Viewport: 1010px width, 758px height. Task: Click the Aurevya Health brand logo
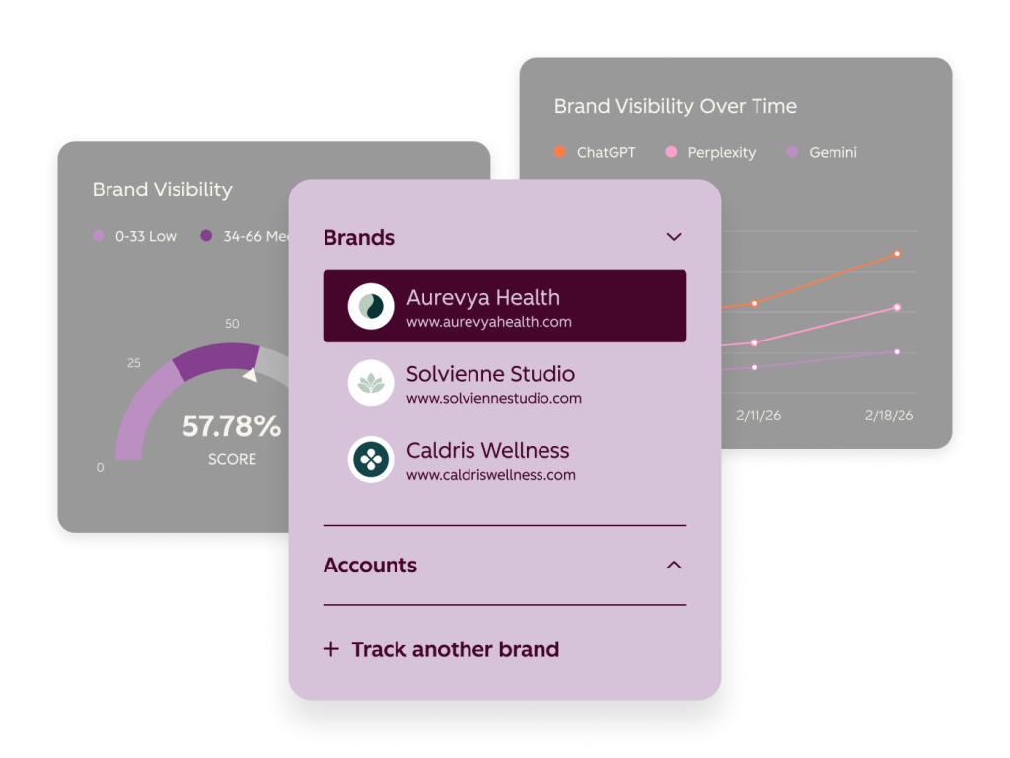coord(371,306)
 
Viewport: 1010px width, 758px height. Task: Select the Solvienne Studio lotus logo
coord(371,383)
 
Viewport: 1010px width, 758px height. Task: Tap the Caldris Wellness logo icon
coord(371,460)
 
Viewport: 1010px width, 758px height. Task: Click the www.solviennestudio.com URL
coord(494,399)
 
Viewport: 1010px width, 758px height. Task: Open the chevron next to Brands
coord(674,237)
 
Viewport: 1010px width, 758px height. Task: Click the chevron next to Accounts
coord(674,566)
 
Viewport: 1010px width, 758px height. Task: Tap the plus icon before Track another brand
coord(331,649)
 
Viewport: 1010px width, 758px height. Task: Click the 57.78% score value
coord(232,426)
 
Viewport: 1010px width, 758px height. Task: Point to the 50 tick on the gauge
coord(232,324)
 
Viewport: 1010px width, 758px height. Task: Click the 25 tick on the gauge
coord(134,363)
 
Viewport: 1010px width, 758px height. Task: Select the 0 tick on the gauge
coord(100,467)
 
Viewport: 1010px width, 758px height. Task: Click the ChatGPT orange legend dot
coord(560,152)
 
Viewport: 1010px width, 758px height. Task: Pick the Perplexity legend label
coord(721,153)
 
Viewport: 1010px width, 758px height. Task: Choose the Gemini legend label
coord(832,153)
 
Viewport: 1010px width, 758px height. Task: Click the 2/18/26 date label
coord(889,416)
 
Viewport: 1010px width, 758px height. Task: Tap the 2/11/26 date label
coord(758,416)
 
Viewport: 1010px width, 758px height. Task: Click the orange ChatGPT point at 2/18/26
coord(897,254)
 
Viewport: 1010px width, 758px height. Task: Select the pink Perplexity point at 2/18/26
coord(897,308)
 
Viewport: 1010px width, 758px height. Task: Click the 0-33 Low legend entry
coord(134,236)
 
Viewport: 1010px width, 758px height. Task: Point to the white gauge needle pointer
coord(251,374)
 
